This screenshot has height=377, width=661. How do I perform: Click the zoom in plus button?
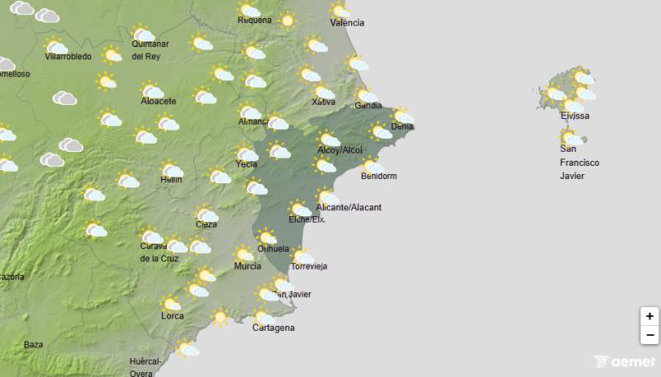pyautogui.click(x=649, y=316)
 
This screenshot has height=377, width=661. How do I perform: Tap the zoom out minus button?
pyautogui.click(x=649, y=335)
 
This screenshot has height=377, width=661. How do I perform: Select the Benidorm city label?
pyautogui.click(x=379, y=177)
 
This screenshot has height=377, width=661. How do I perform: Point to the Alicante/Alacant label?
pyautogui.click(x=349, y=207)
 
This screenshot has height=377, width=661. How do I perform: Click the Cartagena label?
pyautogui.click(x=273, y=328)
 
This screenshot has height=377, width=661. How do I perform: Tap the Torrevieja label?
pyautogui.click(x=310, y=266)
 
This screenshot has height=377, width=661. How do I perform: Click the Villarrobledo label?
pyautogui.click(x=68, y=57)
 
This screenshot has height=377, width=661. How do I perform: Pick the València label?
pyautogui.click(x=347, y=22)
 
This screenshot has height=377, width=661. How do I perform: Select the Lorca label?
pyautogui.click(x=173, y=316)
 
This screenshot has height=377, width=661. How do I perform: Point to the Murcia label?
pyautogui.click(x=248, y=266)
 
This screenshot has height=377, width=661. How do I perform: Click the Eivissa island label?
pyautogui.click(x=574, y=115)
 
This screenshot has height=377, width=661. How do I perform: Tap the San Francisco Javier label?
pyautogui.click(x=579, y=163)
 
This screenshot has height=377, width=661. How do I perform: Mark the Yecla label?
pyautogui.click(x=246, y=164)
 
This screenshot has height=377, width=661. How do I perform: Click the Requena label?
pyautogui.click(x=254, y=20)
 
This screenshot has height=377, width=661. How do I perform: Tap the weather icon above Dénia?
pyautogui.click(x=402, y=115)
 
